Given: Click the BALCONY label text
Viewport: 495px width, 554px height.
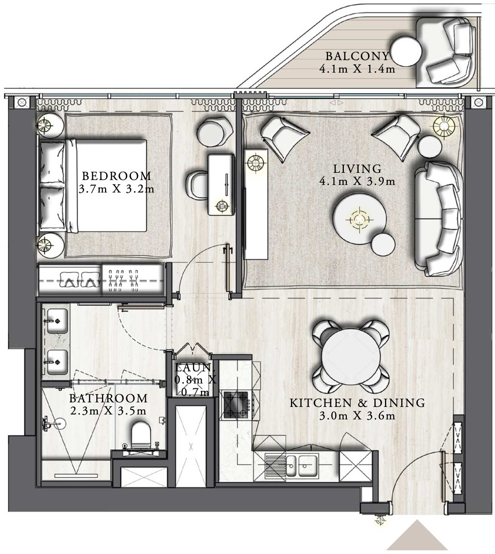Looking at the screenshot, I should (x=357, y=56).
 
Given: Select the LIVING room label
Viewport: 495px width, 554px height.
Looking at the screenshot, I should (x=357, y=169).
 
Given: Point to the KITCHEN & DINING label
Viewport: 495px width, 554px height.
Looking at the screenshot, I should (x=357, y=403).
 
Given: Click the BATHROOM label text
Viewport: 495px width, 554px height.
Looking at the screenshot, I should (x=108, y=398).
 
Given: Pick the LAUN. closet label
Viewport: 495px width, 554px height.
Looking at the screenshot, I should (x=194, y=367).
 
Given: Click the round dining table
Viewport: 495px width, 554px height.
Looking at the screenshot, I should (x=351, y=357).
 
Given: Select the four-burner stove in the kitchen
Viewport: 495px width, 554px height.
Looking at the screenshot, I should (x=236, y=405).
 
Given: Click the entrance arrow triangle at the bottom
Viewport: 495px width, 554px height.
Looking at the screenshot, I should (x=417, y=537).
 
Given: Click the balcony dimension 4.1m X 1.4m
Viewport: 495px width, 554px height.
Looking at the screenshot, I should (x=357, y=69).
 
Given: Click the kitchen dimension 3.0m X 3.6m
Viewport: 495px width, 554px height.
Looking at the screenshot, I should (x=357, y=416).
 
